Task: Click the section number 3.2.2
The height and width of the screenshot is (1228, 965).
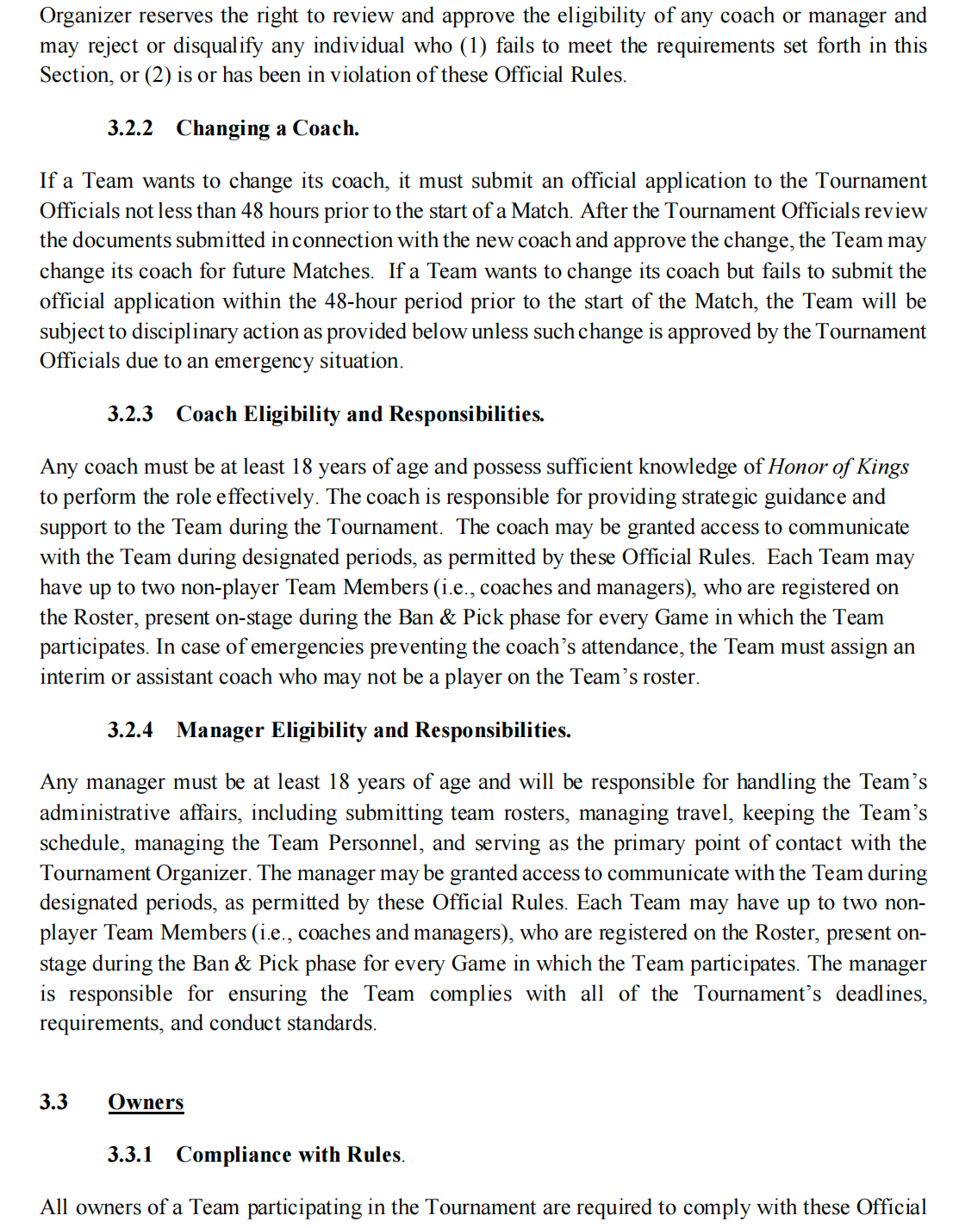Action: [x=130, y=128]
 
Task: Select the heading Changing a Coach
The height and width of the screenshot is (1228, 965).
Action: [x=267, y=128]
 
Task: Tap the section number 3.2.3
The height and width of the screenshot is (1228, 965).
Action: [x=130, y=414]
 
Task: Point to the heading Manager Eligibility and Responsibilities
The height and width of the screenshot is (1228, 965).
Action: [x=373, y=730]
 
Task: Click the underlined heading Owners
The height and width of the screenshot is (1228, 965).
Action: [x=146, y=1102]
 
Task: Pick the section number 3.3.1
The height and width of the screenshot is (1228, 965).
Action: [x=130, y=1155]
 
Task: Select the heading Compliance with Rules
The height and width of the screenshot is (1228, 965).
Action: [x=289, y=1155]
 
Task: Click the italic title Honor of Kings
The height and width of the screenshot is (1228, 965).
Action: [x=837, y=467]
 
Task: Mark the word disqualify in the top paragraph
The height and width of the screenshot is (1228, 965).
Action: [x=257, y=46]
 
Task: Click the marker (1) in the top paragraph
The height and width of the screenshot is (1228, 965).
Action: [x=472, y=46]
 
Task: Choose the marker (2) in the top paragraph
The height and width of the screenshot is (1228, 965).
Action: [x=158, y=76]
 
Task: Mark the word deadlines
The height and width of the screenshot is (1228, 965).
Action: [x=880, y=994]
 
